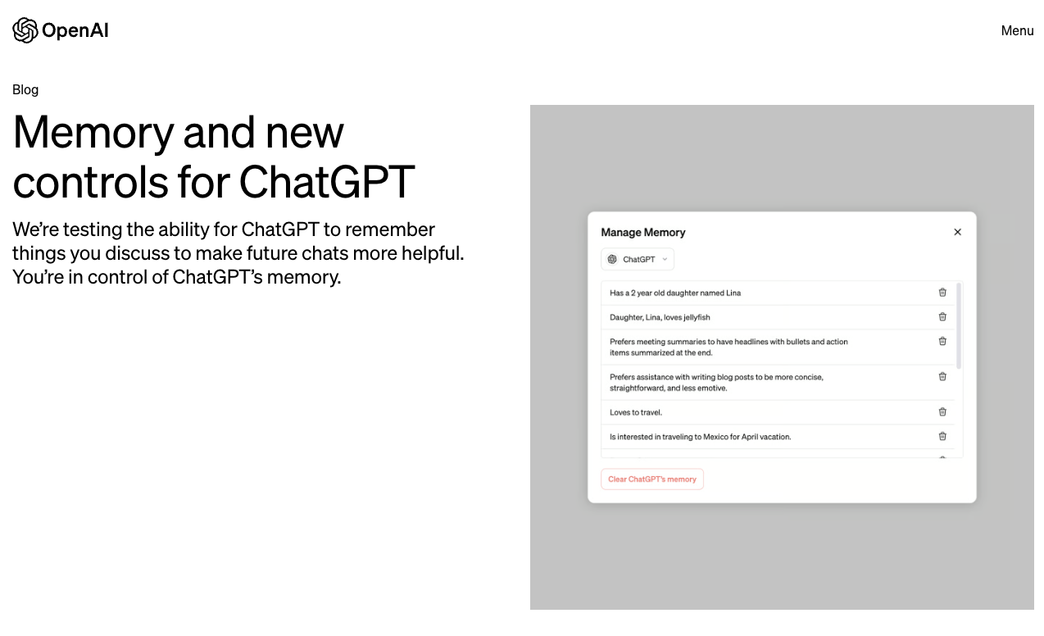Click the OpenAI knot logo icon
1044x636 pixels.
[x=25, y=30]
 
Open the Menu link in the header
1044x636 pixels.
[x=1017, y=30]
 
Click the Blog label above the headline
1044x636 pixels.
[x=25, y=89]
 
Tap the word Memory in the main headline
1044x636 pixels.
[x=93, y=131]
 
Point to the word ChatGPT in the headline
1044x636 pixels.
[x=327, y=181]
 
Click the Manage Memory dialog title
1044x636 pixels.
[x=643, y=232]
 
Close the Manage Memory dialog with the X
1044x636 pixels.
[x=957, y=232]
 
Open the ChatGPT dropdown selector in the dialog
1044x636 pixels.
[x=638, y=259]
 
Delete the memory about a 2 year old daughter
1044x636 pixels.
[x=942, y=293]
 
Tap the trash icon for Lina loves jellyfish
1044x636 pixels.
[x=942, y=317]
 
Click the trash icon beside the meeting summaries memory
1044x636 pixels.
[x=942, y=342]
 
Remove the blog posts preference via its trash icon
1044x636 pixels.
[x=942, y=377]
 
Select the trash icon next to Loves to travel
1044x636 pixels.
[x=942, y=412]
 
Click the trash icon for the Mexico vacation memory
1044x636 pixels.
[x=942, y=437]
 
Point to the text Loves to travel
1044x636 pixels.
[x=636, y=412]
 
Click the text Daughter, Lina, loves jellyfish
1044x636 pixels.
[x=660, y=317]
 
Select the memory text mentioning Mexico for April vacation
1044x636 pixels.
[x=701, y=437]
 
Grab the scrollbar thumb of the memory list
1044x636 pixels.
[x=959, y=325]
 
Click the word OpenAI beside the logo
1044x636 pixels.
[x=75, y=30]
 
